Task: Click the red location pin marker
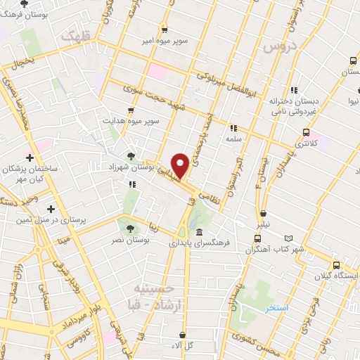click(x=181, y=165)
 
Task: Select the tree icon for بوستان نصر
click(x=129, y=228)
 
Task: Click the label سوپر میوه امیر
click(x=164, y=41)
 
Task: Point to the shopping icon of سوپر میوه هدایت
click(x=131, y=110)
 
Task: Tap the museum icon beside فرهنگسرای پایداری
click(x=200, y=233)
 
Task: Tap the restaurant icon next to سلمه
click(x=233, y=128)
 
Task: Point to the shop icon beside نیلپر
click(x=263, y=214)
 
